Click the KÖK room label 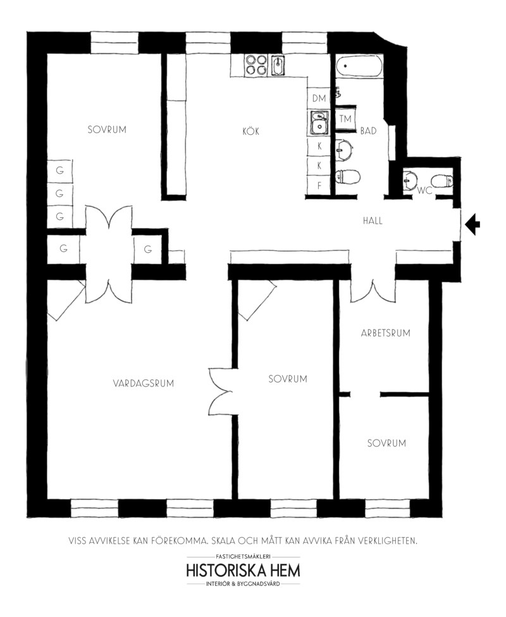pos(250,131)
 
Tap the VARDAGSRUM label pos(144,383)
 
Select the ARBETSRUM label pos(386,333)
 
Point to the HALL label pos(373,220)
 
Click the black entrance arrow pos(472,224)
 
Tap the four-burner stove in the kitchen pos(256,65)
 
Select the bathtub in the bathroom pos(359,66)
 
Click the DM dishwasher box pos(319,98)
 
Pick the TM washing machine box pos(345,119)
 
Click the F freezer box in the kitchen pos(319,185)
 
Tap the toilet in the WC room pos(441,181)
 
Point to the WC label pos(424,191)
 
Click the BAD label pos(369,130)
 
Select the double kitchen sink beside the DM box pos(319,123)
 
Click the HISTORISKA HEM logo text pos(243,571)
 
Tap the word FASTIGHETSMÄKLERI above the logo pos(243,557)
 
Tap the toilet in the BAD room pos(348,177)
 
